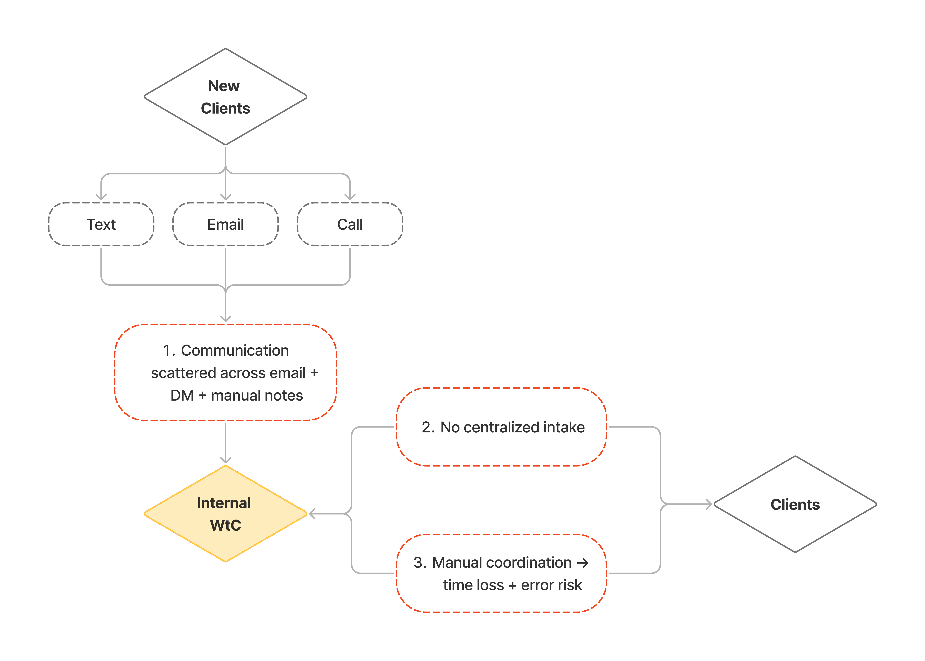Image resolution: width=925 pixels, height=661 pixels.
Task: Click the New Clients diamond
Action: coord(226,97)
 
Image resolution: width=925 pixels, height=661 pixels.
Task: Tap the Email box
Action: coord(226,224)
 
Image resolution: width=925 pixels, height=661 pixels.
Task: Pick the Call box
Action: coord(350,224)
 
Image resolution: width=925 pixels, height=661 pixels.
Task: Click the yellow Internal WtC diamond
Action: coord(226,514)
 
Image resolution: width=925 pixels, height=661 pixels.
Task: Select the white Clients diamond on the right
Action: coord(795,504)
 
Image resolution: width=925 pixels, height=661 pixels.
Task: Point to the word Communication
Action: coord(235,350)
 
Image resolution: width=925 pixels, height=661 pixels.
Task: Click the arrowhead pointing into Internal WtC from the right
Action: coord(312,514)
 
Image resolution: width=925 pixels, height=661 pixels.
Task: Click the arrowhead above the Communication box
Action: coord(226,319)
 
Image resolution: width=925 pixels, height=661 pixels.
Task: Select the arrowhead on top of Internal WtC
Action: coord(226,460)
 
